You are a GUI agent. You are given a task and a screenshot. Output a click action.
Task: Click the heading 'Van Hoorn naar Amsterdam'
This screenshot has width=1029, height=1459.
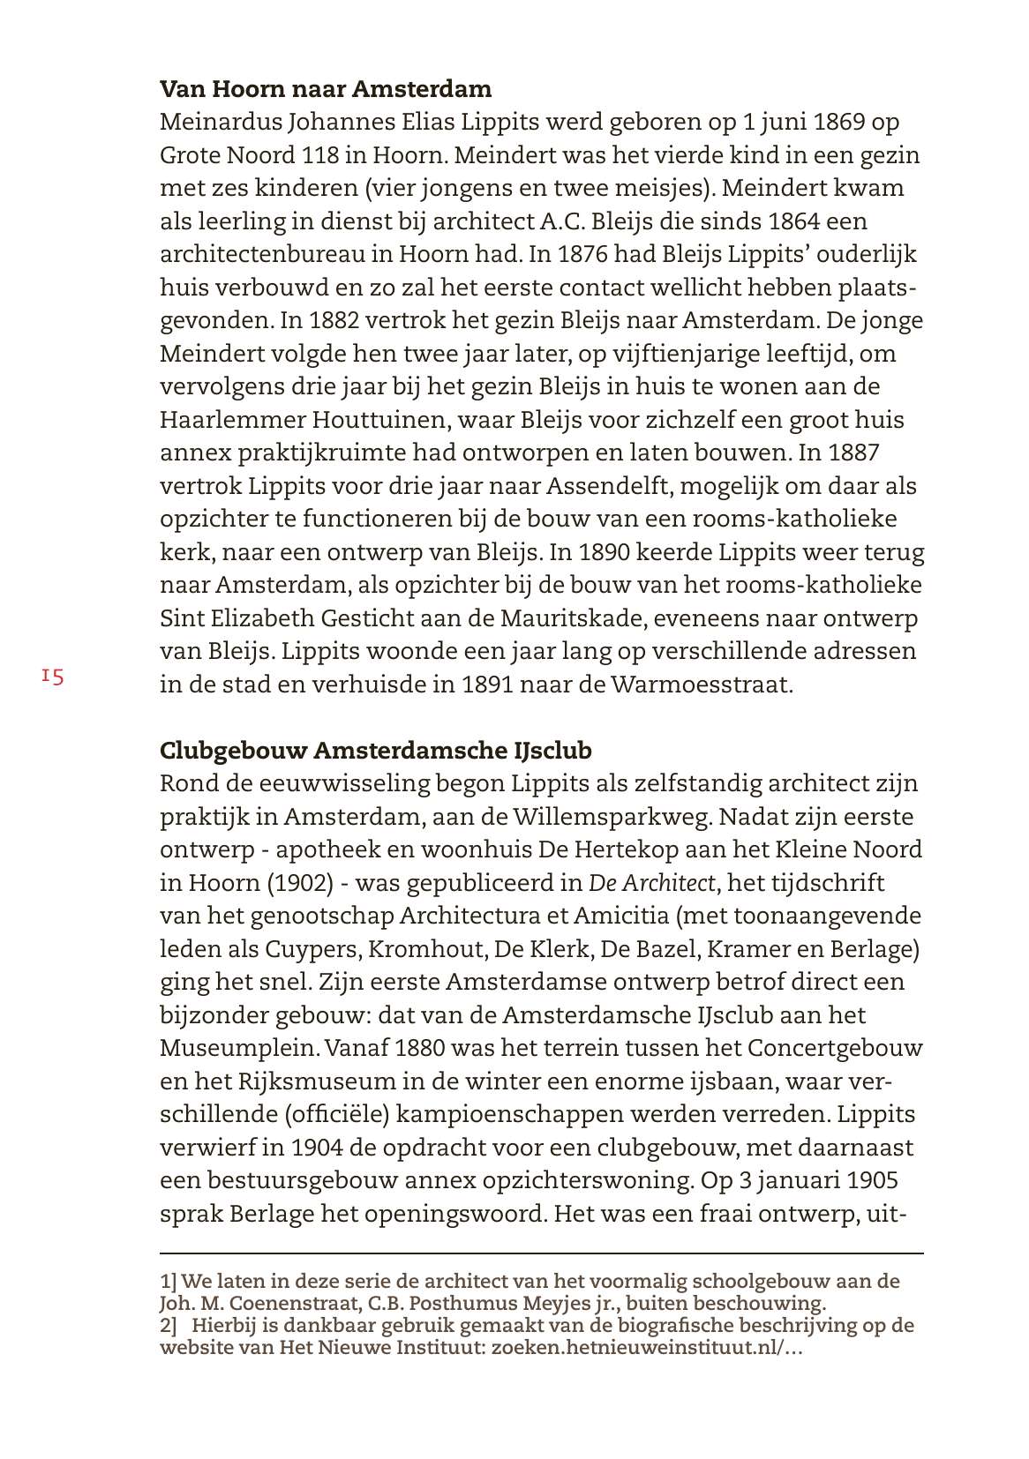(326, 89)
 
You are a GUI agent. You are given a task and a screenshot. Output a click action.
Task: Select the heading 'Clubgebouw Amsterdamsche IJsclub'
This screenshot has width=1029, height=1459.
(376, 751)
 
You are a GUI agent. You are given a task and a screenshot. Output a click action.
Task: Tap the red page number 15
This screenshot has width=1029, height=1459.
(52, 677)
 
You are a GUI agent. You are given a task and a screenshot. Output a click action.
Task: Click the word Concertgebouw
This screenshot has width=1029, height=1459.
(835, 1049)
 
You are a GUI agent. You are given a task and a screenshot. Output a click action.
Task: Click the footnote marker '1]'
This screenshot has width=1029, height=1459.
(169, 1281)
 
